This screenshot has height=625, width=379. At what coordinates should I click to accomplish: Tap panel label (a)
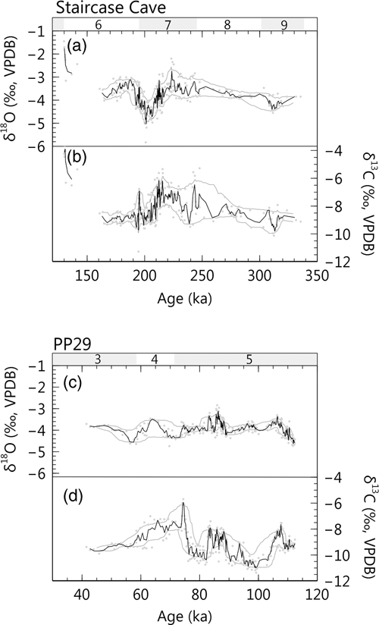click(x=76, y=47)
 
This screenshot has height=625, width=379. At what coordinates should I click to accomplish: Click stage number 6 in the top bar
click(x=98, y=25)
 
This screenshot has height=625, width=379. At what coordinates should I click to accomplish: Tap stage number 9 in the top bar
click(x=283, y=25)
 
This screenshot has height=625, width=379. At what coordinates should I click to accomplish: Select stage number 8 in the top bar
click(x=227, y=25)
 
